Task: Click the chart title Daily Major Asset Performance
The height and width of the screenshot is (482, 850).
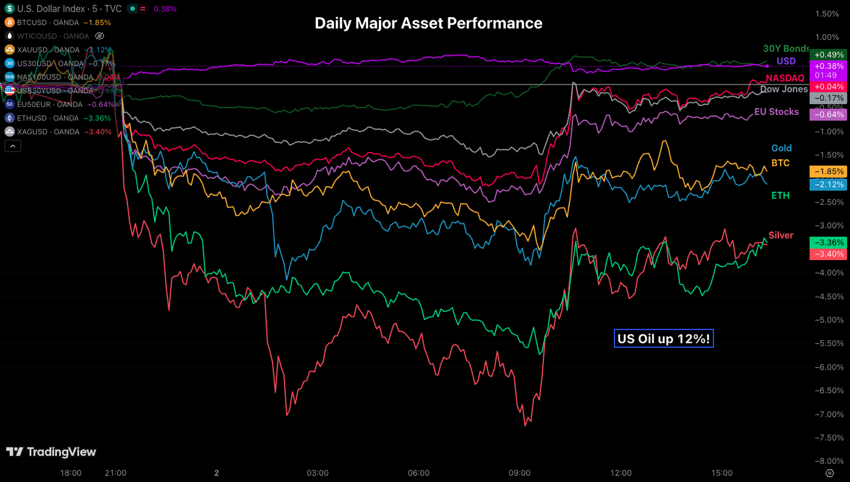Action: [428, 23]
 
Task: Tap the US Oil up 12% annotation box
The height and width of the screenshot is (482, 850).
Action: [664, 339]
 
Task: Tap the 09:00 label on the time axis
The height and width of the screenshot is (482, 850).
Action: [520, 473]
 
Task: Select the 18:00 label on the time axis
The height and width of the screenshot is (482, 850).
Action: [71, 473]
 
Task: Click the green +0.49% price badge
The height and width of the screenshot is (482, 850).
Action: [828, 54]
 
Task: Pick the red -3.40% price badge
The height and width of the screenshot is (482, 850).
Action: [828, 253]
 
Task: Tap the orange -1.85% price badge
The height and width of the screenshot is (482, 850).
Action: [828, 171]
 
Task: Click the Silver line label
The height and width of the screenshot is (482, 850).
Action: [781, 235]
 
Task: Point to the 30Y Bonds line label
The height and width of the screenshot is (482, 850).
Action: [786, 49]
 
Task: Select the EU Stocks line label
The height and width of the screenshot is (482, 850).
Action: [776, 112]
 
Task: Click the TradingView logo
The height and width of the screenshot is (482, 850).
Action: [51, 452]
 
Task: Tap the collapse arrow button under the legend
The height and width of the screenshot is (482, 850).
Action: [12, 146]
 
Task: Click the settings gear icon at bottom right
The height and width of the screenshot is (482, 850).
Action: [829, 473]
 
